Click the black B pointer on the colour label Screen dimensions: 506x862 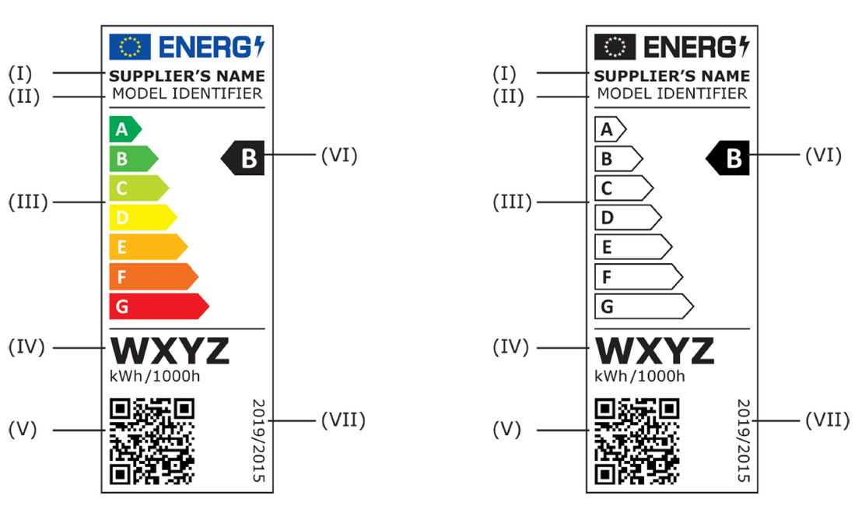(244, 159)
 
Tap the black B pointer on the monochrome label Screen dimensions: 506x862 (729, 159)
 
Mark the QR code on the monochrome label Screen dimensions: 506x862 (636, 441)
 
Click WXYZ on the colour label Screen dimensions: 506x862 (170, 351)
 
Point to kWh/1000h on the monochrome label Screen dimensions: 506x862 (639, 377)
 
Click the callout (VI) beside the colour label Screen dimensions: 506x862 (338, 155)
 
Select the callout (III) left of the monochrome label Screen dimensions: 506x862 (513, 202)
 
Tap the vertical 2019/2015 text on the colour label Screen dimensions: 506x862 (258, 441)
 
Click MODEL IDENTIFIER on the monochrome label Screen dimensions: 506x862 (671, 93)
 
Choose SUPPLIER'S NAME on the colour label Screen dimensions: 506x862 (187, 76)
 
